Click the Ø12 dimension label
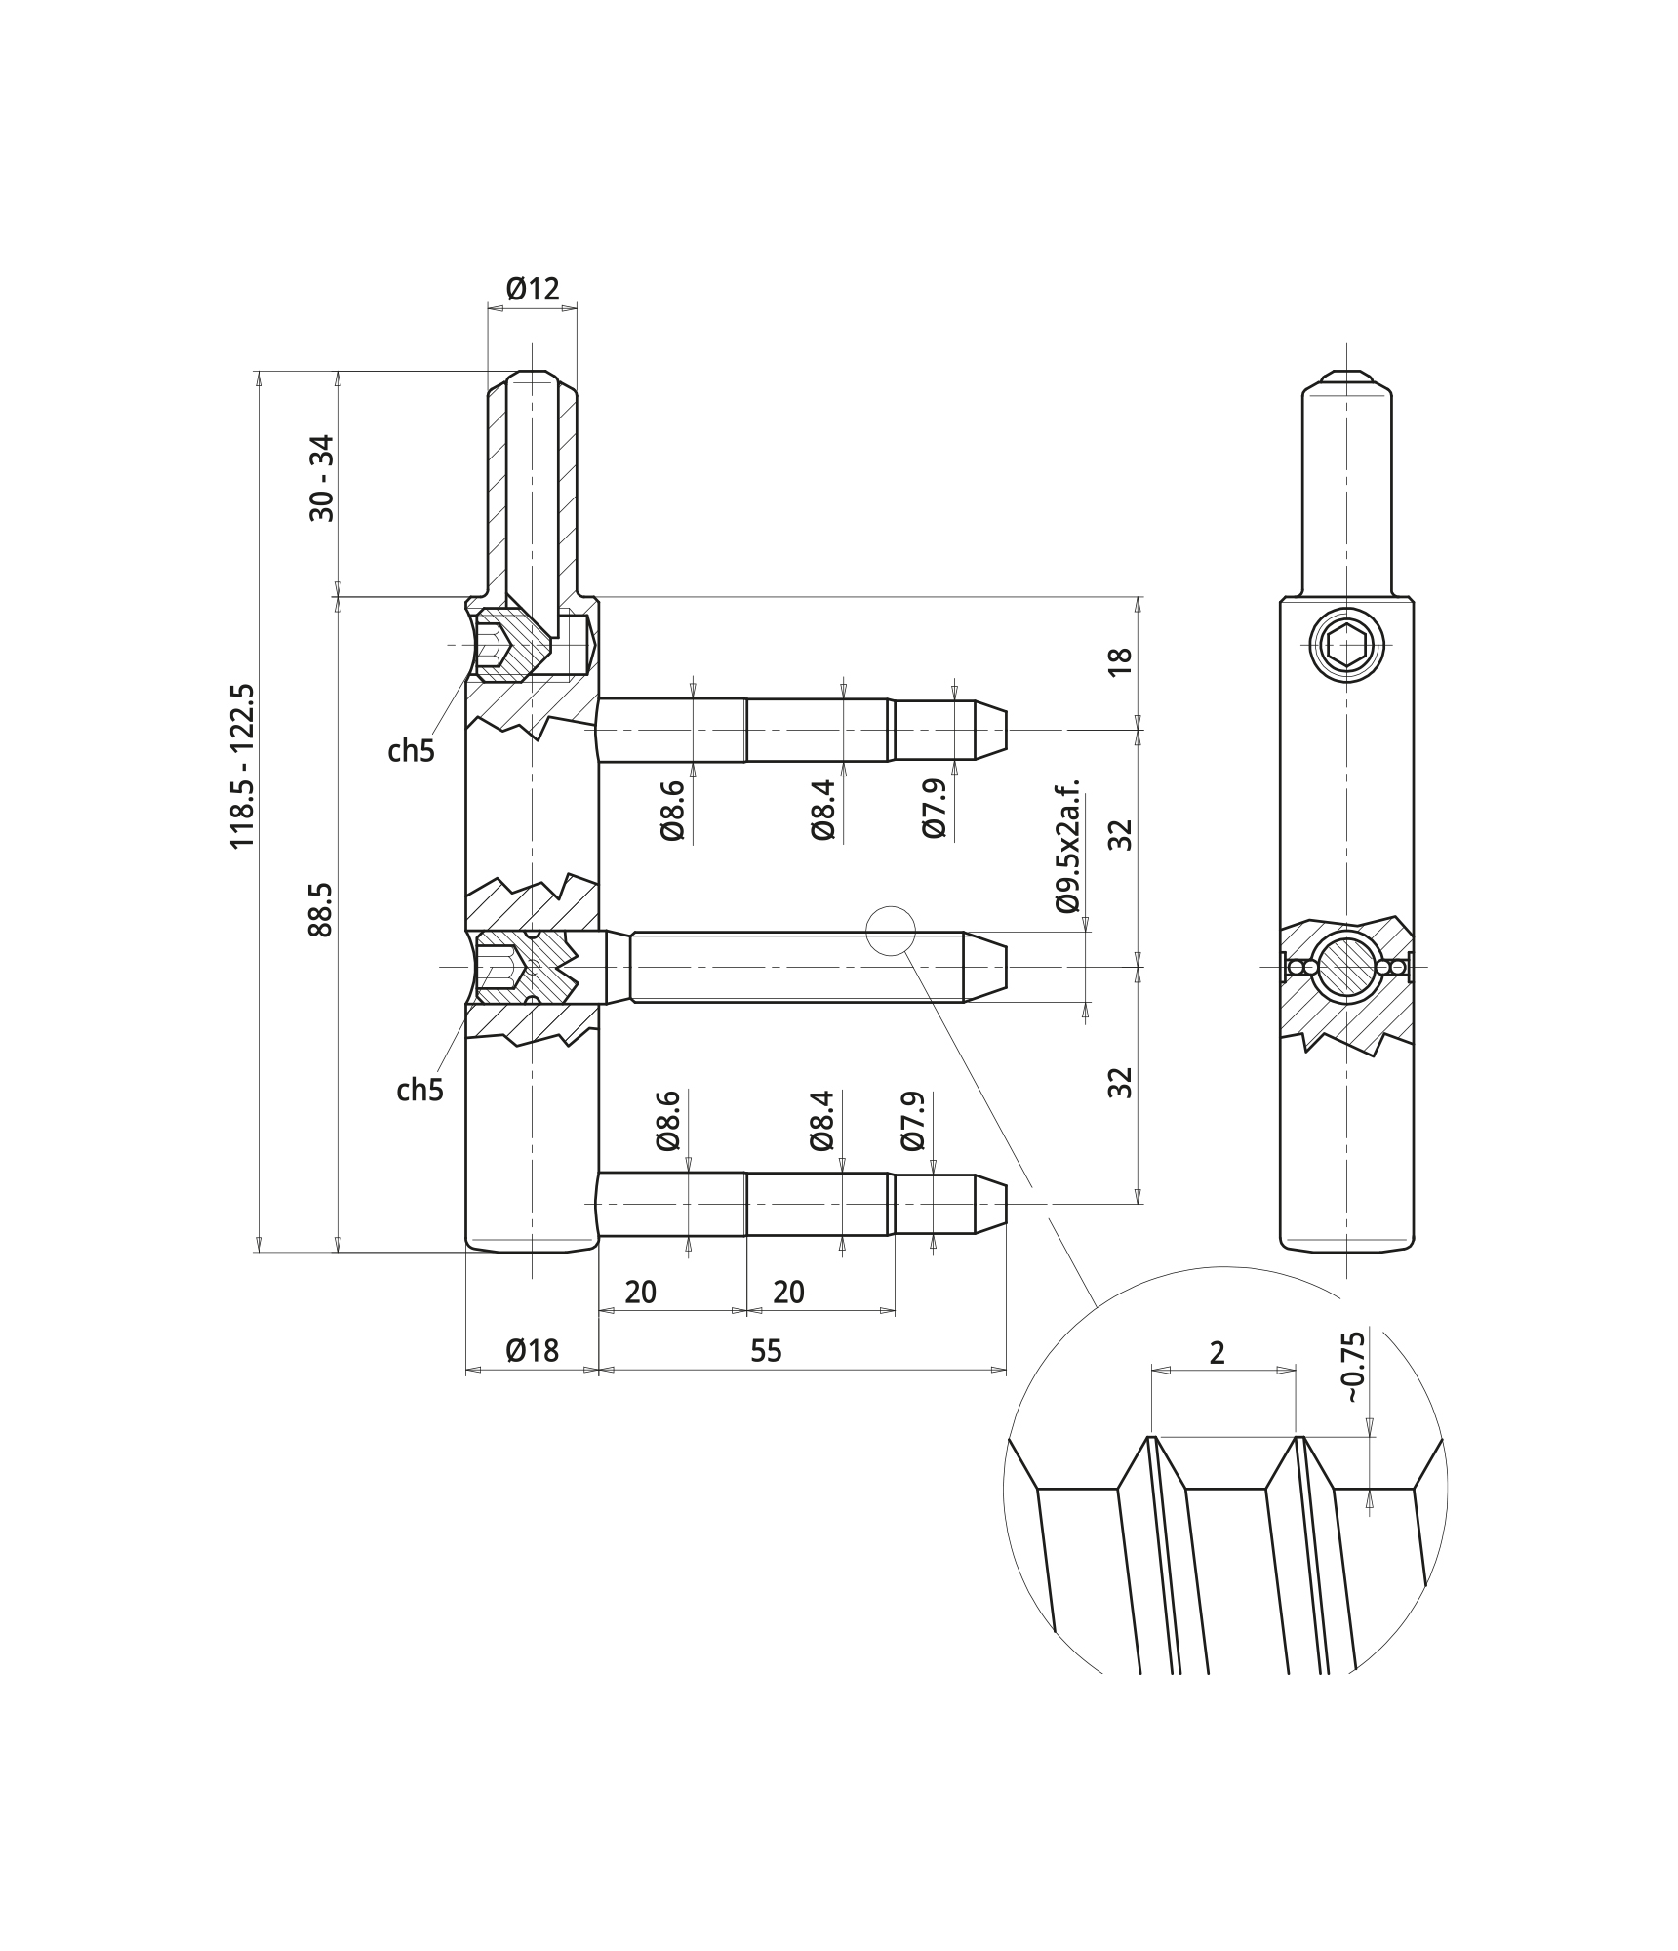click(533, 289)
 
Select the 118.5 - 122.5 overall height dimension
click(241, 765)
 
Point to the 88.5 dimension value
click(320, 909)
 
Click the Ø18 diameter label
click(533, 1350)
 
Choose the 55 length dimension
click(766, 1350)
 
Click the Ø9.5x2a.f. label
click(1068, 845)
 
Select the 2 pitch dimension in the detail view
click(1217, 1352)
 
